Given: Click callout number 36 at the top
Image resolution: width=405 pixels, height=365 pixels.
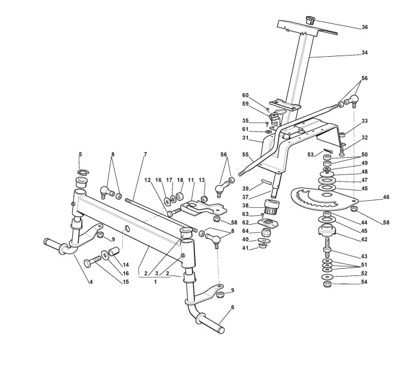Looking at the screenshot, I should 365,27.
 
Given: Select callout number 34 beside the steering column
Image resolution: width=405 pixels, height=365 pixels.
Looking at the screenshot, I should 365,53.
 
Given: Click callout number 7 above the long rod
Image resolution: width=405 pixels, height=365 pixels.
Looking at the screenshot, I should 144,155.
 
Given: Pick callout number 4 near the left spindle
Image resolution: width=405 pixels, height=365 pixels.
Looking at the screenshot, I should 91,282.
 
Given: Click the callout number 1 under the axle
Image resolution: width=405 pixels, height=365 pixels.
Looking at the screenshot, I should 156,282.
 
